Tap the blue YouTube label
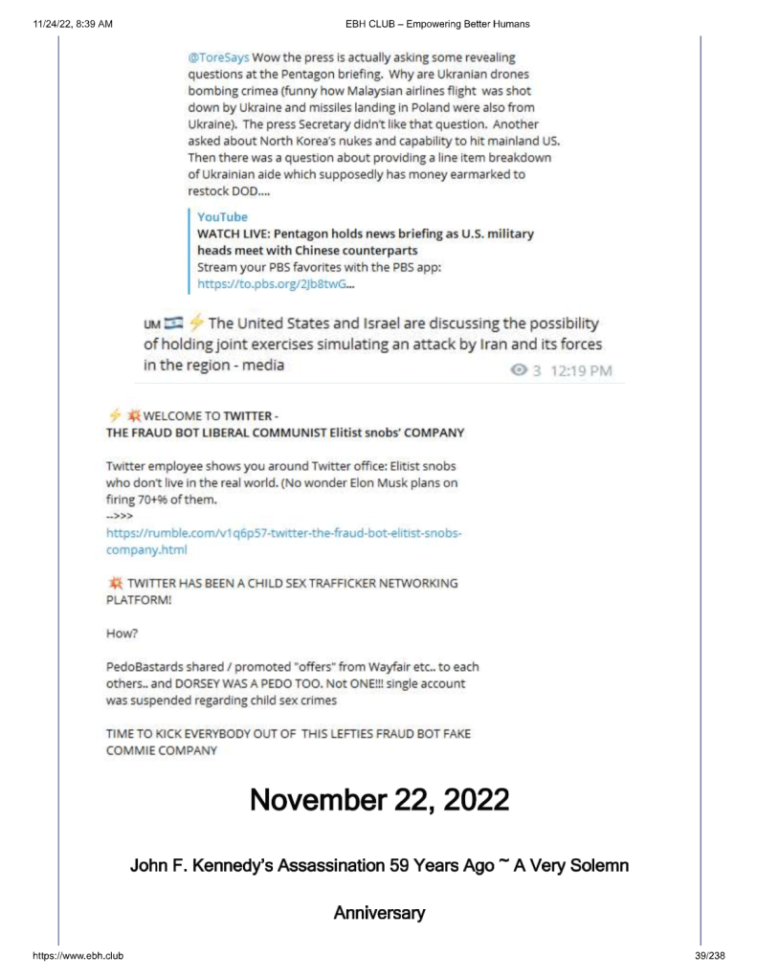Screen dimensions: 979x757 click(221, 217)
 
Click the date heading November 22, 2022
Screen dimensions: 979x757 click(379, 800)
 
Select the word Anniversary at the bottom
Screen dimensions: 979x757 click(379, 913)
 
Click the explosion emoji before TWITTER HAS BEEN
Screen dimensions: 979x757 click(115, 583)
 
